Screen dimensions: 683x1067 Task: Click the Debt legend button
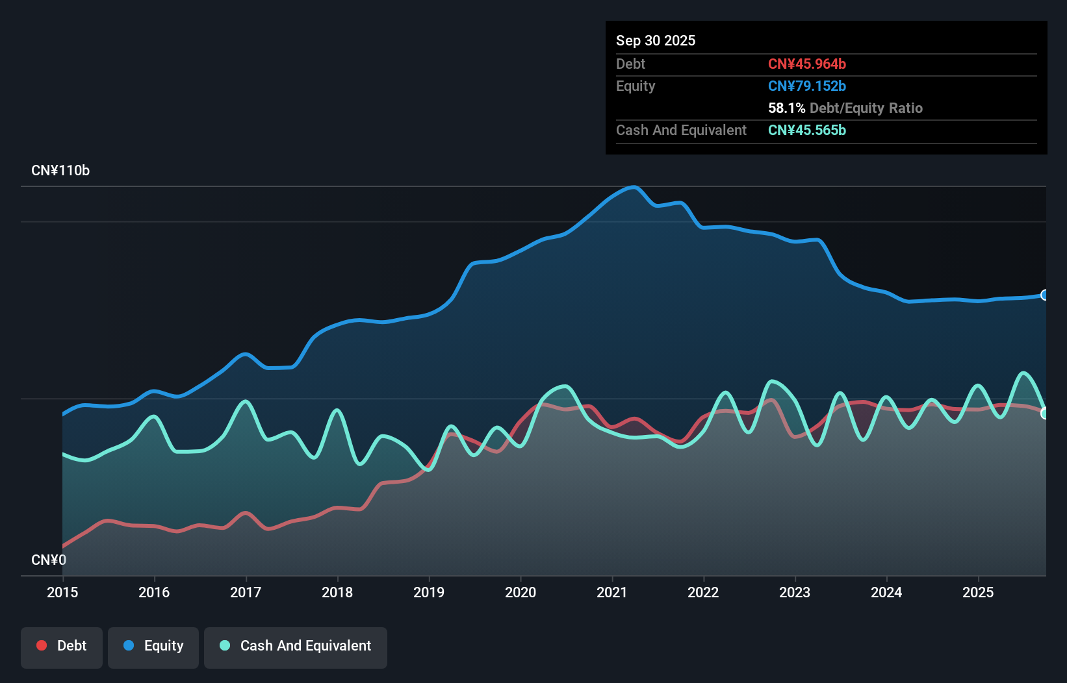pyautogui.click(x=62, y=646)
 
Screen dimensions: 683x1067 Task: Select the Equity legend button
pyautogui.click(x=153, y=646)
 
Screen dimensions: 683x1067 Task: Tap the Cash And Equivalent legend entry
pyautogui.click(x=296, y=646)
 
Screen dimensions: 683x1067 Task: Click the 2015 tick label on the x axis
pyautogui.click(x=62, y=592)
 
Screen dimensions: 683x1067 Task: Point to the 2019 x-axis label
pyautogui.click(x=429, y=592)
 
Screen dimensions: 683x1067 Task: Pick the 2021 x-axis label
pyautogui.click(x=612, y=592)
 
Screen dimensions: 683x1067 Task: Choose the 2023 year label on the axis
pyautogui.click(x=795, y=592)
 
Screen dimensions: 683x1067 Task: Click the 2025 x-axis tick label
pyautogui.click(x=978, y=592)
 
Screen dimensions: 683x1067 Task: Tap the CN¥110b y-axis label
pyautogui.click(x=60, y=171)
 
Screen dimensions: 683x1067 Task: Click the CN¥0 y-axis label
pyautogui.click(x=49, y=560)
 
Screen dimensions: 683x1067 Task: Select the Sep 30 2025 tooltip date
pyautogui.click(x=656, y=40)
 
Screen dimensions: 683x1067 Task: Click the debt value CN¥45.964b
pyautogui.click(x=806, y=64)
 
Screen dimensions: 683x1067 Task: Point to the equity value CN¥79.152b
pyautogui.click(x=806, y=86)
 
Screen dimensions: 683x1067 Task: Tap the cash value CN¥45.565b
pyautogui.click(x=806, y=130)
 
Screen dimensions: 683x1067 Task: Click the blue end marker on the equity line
pyautogui.click(x=1045, y=295)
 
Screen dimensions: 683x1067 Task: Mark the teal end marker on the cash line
pyautogui.click(x=1045, y=414)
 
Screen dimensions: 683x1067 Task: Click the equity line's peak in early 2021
pyautogui.click(x=634, y=187)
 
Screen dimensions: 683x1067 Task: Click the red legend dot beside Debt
pyautogui.click(x=42, y=645)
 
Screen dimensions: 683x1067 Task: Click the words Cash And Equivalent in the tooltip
pyautogui.click(x=681, y=130)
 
